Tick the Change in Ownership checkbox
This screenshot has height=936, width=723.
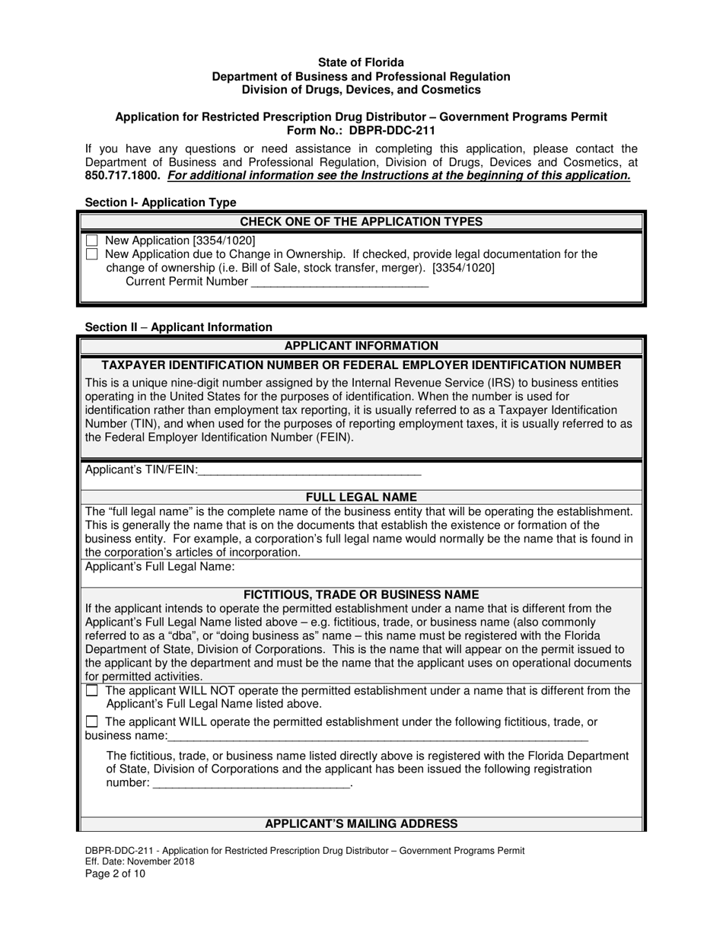tap(92, 254)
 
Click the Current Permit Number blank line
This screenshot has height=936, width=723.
tap(339, 283)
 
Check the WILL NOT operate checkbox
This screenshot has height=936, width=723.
tap(92, 691)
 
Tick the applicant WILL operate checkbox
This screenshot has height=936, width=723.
tap(92, 721)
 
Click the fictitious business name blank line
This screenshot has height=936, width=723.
tap(377, 737)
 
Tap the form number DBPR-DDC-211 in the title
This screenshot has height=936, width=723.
tap(392, 130)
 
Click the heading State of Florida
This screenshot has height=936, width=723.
tap(361, 62)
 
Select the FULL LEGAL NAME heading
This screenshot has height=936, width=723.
tap(361, 498)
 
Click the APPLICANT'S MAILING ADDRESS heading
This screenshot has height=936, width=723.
tap(361, 824)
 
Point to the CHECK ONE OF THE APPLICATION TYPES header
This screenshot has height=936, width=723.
tap(361, 221)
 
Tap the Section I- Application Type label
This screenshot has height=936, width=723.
tap(161, 202)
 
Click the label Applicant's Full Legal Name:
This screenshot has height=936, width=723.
tap(160, 567)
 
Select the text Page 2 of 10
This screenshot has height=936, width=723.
tap(115, 874)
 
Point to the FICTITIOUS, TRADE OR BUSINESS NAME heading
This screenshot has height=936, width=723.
tap(361, 594)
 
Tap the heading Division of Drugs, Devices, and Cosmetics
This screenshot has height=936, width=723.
tap(361, 90)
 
